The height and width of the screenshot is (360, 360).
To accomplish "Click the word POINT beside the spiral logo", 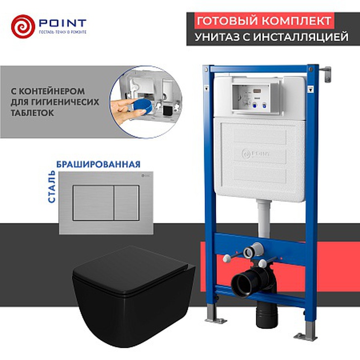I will click(62, 22).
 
